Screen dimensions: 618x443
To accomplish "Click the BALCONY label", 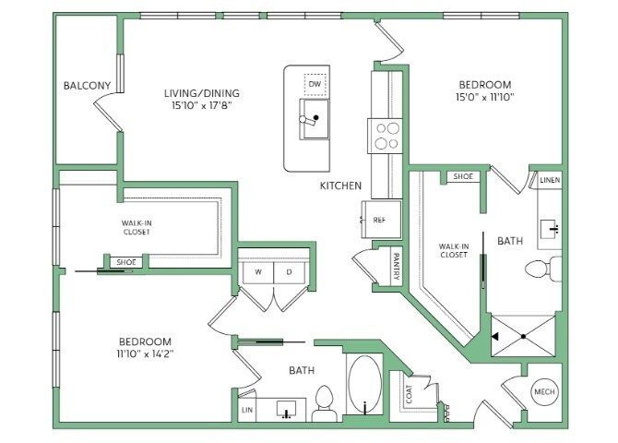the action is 87,85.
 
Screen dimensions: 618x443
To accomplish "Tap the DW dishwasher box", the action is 315,84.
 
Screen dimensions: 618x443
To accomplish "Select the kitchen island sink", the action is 314,119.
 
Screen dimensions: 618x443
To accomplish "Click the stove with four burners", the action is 385,136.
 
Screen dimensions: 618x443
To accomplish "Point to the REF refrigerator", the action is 381,220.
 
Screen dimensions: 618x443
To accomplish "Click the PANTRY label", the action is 397,267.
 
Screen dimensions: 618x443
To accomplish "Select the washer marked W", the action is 258,272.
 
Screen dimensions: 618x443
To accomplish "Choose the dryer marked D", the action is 290,272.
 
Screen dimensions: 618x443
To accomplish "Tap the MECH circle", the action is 545,391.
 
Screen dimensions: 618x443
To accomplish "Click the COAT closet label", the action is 410,394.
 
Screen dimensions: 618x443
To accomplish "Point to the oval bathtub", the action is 364,385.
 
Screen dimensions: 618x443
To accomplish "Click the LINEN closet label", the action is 550,180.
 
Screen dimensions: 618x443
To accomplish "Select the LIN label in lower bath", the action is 247,411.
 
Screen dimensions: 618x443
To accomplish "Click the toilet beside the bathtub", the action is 325,403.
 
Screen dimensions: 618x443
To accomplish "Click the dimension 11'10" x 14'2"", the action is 145,353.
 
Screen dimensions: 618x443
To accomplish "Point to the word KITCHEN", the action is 340,186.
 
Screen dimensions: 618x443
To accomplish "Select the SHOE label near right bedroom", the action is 463,176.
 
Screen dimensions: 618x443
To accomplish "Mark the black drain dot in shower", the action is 523,337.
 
